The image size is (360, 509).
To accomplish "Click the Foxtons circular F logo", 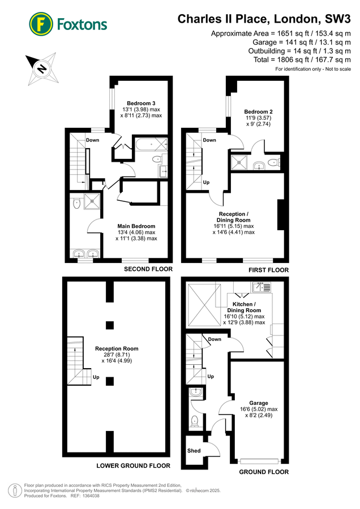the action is tap(41, 24).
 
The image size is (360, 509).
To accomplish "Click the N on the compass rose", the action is tap(41, 68).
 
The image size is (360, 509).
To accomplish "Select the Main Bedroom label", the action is tap(136, 226).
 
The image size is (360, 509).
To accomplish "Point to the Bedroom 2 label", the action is tap(258, 111).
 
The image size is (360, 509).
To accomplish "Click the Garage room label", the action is tap(259, 403).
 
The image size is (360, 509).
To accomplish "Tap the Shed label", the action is tap(194, 451).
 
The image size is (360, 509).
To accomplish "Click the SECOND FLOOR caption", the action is tap(148, 269).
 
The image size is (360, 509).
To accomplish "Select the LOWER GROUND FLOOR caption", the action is tap(133, 465).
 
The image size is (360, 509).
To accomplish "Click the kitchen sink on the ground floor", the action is tap(262, 287).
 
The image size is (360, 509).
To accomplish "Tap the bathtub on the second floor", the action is tap(151, 144).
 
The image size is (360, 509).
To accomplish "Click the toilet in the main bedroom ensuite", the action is tap(76, 203).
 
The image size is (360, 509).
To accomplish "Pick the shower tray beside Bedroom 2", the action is tap(239, 163).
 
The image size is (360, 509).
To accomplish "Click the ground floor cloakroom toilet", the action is tap(195, 421).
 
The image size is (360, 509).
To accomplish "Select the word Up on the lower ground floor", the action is tap(96, 377).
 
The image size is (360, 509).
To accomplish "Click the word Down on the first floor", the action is tap(209, 140).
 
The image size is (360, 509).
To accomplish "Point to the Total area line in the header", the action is tap(302, 60).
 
